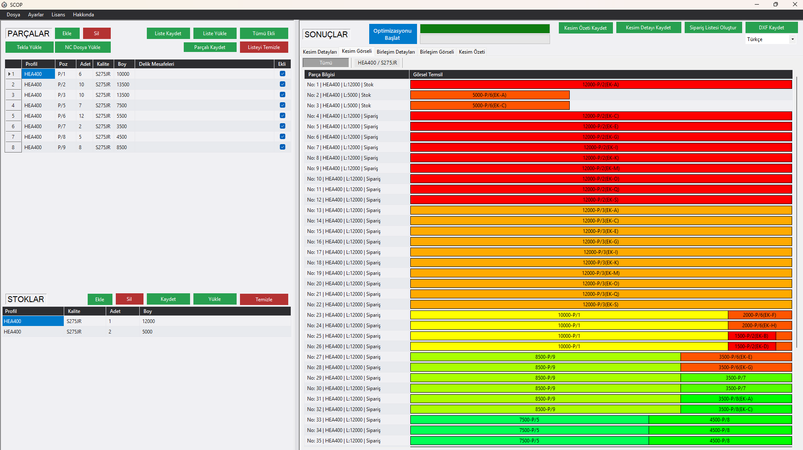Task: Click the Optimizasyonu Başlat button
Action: [x=392, y=34]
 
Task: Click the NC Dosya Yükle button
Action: [x=83, y=47]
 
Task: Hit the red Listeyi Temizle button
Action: [x=263, y=47]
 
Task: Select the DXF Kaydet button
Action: [x=771, y=28]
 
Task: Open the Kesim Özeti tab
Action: [x=472, y=52]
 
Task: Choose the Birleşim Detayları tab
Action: [x=395, y=52]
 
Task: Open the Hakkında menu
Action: [x=83, y=15]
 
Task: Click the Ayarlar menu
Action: [x=36, y=15]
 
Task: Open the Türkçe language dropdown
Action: [x=770, y=39]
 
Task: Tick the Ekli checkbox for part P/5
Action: [x=282, y=105]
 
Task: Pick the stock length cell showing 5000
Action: [x=147, y=332]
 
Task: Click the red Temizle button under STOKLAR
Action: [x=263, y=299]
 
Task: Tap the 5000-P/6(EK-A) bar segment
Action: [x=489, y=95]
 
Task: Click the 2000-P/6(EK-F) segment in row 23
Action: [x=759, y=315]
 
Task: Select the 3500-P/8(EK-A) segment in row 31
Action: [x=735, y=399]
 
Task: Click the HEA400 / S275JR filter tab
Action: [x=377, y=63]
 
